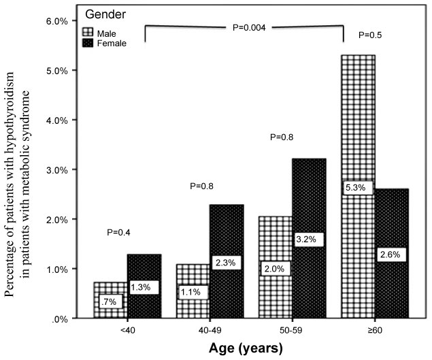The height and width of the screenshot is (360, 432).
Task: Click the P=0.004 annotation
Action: (x=246, y=28)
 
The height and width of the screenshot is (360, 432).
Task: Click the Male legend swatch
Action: (x=87, y=31)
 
